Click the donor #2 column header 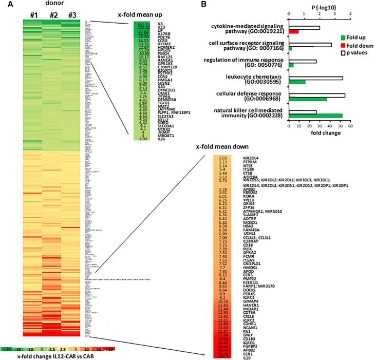[54, 14]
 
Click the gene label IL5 [160, 24]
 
